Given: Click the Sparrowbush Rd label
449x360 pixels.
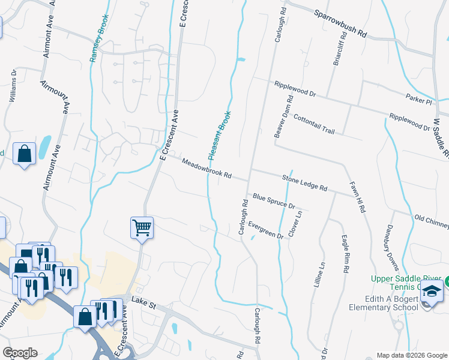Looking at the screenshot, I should click(340, 22).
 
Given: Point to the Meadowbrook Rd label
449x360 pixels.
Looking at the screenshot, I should click(206, 169).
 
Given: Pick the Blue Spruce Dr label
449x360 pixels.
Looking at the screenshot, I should click(274, 201).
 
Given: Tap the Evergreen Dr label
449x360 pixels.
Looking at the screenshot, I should click(264, 230).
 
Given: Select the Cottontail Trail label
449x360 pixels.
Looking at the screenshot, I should click(313, 125).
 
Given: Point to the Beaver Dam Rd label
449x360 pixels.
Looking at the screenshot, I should click(283, 117).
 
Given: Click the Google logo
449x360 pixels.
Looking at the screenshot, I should click(19, 352).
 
